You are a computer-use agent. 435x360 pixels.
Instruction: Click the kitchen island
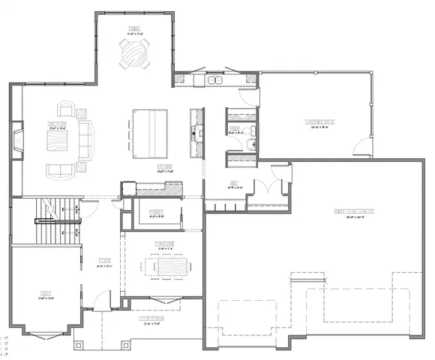click(152, 134)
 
